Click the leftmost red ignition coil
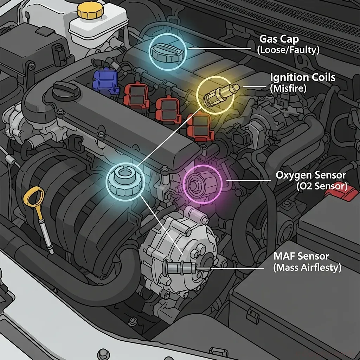click(x=136, y=94)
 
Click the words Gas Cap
click(x=279, y=39)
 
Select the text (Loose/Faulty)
click(x=288, y=50)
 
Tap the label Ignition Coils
click(x=303, y=77)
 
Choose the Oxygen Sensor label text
click(x=311, y=175)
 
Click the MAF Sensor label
click(x=298, y=256)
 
